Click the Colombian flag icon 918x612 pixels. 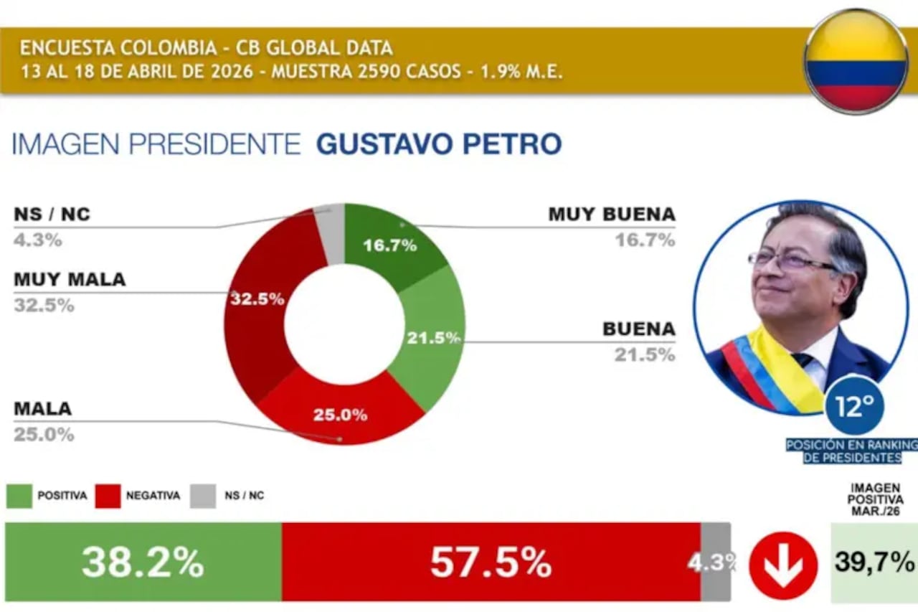click(856, 61)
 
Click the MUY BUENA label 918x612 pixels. click(612, 214)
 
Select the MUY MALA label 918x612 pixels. click(70, 279)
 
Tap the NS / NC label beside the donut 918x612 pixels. click(52, 214)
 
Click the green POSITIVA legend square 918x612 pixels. click(19, 496)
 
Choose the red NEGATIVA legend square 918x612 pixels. click(108, 496)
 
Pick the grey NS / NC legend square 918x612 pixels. click(203, 496)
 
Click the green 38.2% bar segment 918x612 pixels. click(143, 562)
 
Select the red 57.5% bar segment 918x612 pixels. click(491, 562)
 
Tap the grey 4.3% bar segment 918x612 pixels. click(715, 562)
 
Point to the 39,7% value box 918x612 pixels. click(874, 562)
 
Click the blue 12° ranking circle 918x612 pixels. click(853, 406)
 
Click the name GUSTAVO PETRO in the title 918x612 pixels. click(439, 144)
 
